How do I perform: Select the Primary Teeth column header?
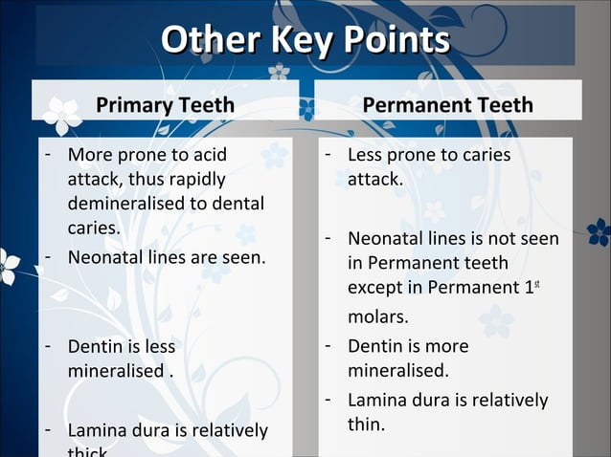165,105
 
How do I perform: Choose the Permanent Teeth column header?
447,105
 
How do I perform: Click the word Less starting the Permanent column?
367,155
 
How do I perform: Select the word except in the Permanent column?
375,286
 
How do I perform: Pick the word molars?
377,316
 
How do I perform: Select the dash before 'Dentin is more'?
327,345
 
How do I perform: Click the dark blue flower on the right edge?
599,231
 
